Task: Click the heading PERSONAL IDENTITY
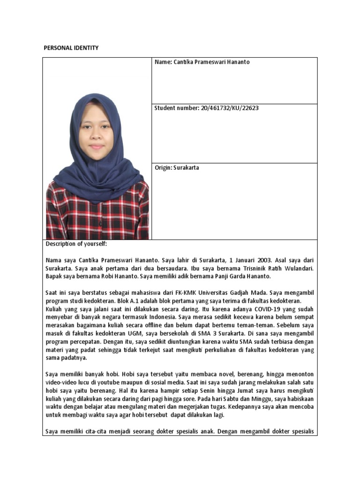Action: (x=71, y=48)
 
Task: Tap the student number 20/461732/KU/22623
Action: (x=230, y=108)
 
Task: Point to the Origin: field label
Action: (x=164, y=168)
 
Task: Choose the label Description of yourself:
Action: (x=76, y=244)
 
